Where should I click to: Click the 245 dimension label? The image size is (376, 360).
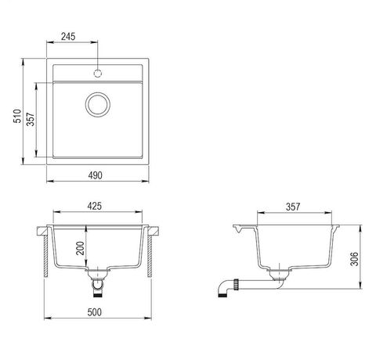coord(68,37)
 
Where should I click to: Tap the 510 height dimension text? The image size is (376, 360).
coord(17,116)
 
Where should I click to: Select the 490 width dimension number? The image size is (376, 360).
coord(95,175)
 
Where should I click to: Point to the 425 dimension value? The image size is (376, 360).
coord(94,206)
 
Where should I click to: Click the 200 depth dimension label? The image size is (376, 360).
coord(80,248)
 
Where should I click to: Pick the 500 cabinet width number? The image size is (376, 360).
coord(94,312)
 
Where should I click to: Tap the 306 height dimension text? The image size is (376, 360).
coord(354,259)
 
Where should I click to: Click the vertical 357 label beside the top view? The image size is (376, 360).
coord(31,119)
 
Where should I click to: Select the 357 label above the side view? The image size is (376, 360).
coord(293,207)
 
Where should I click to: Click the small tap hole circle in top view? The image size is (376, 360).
coord(98,74)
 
